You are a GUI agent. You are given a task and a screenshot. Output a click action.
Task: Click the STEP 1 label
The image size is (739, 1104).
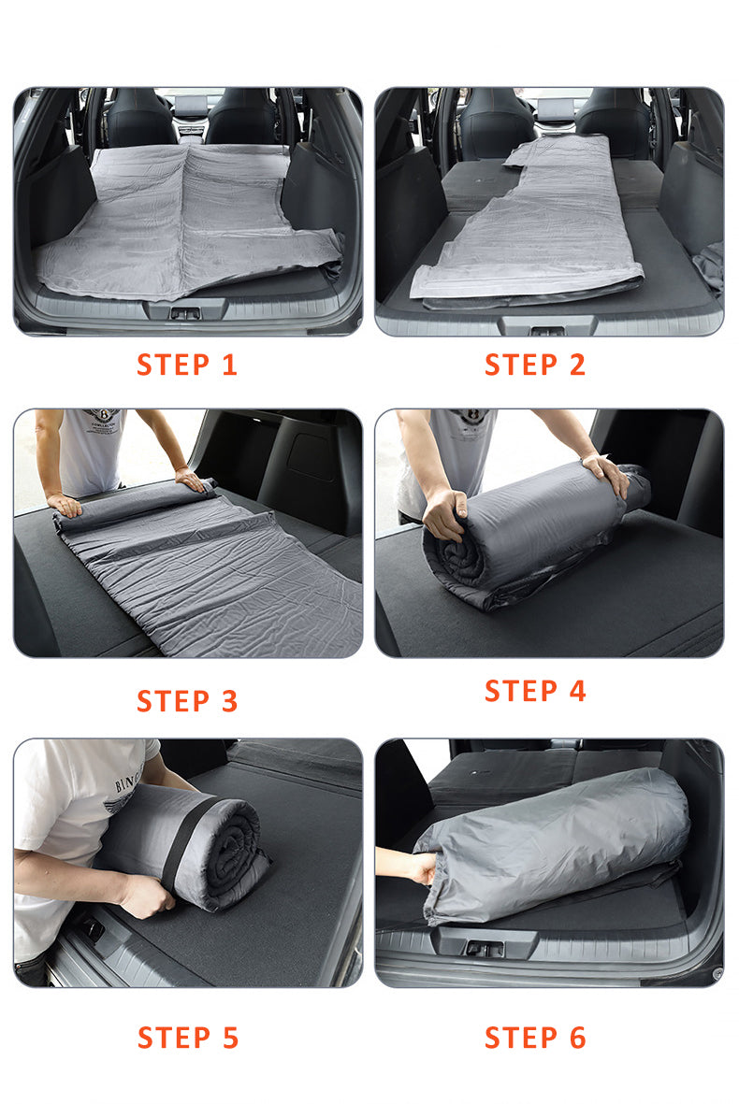click(x=187, y=365)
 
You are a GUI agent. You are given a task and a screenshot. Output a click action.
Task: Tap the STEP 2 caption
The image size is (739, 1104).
click(x=535, y=365)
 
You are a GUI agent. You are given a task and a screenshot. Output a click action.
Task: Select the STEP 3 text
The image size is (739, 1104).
click(x=187, y=701)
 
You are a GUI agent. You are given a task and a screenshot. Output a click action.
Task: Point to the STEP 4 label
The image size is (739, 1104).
click(x=535, y=691)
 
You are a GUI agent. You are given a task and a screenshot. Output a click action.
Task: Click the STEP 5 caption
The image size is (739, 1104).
click(x=188, y=1038)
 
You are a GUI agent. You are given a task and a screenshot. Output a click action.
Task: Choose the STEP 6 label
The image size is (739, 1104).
click(x=535, y=1038)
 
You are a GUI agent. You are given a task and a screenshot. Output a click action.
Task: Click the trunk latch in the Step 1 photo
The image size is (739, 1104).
click(x=185, y=313)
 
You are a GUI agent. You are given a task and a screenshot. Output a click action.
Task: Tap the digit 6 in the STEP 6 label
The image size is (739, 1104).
click(x=578, y=1038)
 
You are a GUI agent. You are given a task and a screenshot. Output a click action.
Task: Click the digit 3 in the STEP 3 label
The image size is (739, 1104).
click(x=230, y=701)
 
